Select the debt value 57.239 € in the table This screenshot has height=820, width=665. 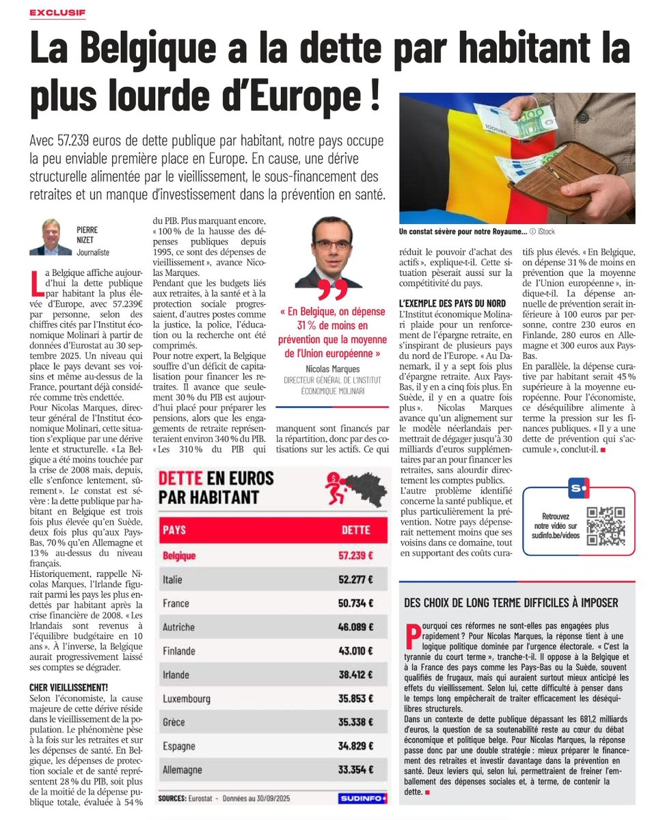357,556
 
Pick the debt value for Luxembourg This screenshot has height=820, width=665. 357,698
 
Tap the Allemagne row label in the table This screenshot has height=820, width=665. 182,770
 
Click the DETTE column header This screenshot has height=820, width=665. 355,530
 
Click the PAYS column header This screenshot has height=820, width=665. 174,530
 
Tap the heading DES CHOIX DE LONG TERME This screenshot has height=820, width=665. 511,603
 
